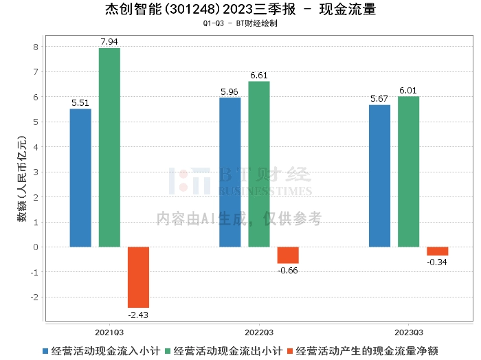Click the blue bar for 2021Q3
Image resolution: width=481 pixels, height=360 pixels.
(80, 178)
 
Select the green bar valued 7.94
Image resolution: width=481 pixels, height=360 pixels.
(109, 147)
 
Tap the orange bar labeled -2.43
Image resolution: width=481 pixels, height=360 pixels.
(138, 277)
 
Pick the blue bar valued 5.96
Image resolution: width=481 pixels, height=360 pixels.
(230, 172)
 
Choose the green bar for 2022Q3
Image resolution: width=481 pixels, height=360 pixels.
(259, 164)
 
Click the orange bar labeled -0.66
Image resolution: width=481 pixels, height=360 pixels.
(288, 255)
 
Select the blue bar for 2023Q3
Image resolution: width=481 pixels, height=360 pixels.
(379, 176)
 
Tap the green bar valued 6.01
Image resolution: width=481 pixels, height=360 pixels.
(408, 172)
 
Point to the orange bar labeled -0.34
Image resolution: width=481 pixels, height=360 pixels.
(437, 251)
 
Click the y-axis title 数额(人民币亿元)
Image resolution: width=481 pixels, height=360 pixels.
(22, 179)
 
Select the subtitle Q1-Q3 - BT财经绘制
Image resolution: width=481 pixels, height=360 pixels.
(240, 23)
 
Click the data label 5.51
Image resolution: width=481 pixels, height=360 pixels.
(80, 103)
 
